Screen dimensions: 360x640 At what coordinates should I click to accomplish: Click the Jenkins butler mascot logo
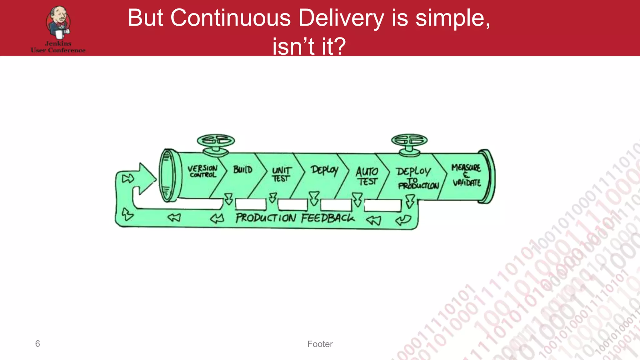pos(58,22)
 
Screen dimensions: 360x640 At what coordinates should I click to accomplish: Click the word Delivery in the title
pos(341,18)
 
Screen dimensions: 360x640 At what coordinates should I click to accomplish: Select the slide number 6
pos(37,343)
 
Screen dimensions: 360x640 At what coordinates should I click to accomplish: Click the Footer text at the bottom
pos(320,344)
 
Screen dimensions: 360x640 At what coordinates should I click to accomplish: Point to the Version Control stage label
pos(202,171)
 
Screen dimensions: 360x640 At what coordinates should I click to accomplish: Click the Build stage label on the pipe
pos(243,170)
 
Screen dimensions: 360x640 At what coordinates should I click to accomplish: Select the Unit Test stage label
pos(281,174)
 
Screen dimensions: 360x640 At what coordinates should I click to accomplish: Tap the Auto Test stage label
pos(367,176)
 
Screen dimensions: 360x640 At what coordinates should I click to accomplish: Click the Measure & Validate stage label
pos(466,175)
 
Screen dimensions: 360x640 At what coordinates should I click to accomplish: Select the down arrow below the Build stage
pos(229,199)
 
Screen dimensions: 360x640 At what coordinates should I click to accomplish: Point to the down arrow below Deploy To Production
pos(410,201)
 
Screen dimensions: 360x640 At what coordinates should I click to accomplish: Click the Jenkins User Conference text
pos(58,47)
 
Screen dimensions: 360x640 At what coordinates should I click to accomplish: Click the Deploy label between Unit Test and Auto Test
pos(324,170)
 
